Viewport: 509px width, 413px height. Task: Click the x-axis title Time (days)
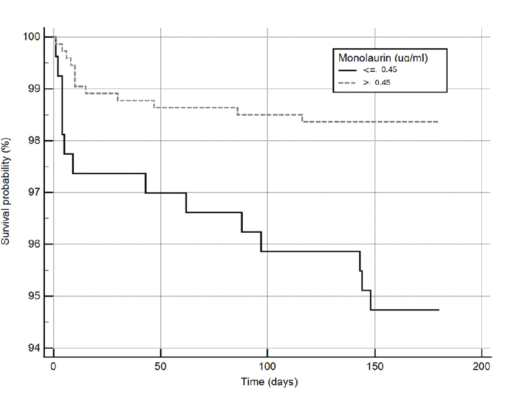click(269, 382)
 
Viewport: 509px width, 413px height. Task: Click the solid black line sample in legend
click(348, 70)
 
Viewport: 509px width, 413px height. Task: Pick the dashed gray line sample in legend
click(348, 82)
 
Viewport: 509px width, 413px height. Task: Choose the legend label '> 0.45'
click(377, 82)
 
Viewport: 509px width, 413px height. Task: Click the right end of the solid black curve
click(439, 310)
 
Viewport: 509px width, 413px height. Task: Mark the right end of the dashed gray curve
click(438, 121)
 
